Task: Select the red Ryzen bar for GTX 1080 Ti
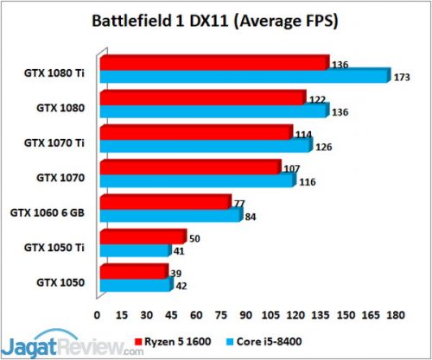click(214, 63)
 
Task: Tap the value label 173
click(400, 78)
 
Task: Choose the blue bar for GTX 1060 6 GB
click(170, 215)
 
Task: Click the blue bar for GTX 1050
click(136, 285)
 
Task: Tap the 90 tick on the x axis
click(247, 313)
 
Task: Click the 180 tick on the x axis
click(394, 313)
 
